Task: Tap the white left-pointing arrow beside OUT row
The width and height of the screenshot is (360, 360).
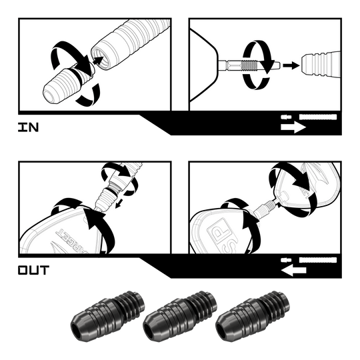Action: point(293,270)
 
